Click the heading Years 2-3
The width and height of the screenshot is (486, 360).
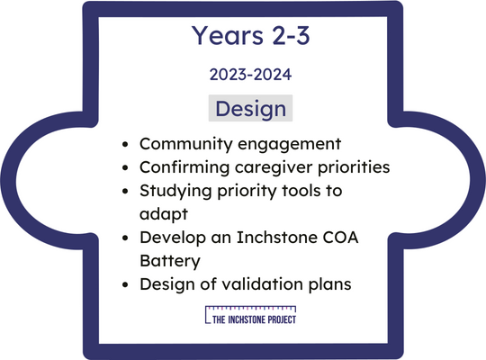coord(250,35)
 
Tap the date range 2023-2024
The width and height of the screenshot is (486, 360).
coord(250,75)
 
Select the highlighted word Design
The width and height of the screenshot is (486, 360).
coord(250,109)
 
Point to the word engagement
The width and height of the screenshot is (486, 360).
coord(289,145)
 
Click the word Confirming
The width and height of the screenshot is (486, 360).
coord(184,167)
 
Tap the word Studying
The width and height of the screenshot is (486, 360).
coord(175,191)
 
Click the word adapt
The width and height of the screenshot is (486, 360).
coord(164,214)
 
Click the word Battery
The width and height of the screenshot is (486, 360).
coord(170,261)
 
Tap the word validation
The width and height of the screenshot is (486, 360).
coord(263,283)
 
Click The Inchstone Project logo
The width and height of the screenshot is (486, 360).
coord(250,315)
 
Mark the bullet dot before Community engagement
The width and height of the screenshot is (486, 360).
coord(125,145)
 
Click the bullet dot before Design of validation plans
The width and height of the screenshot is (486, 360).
coord(125,284)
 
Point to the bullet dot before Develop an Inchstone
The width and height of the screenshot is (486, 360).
coord(125,238)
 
